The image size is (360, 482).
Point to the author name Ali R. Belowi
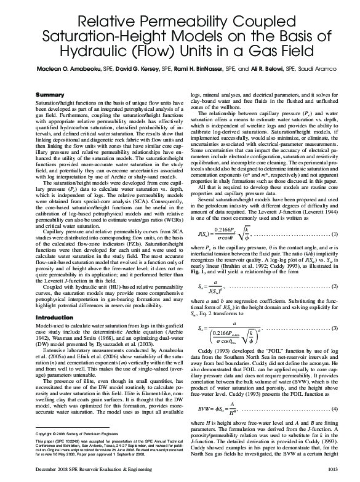[x=272, y=68]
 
